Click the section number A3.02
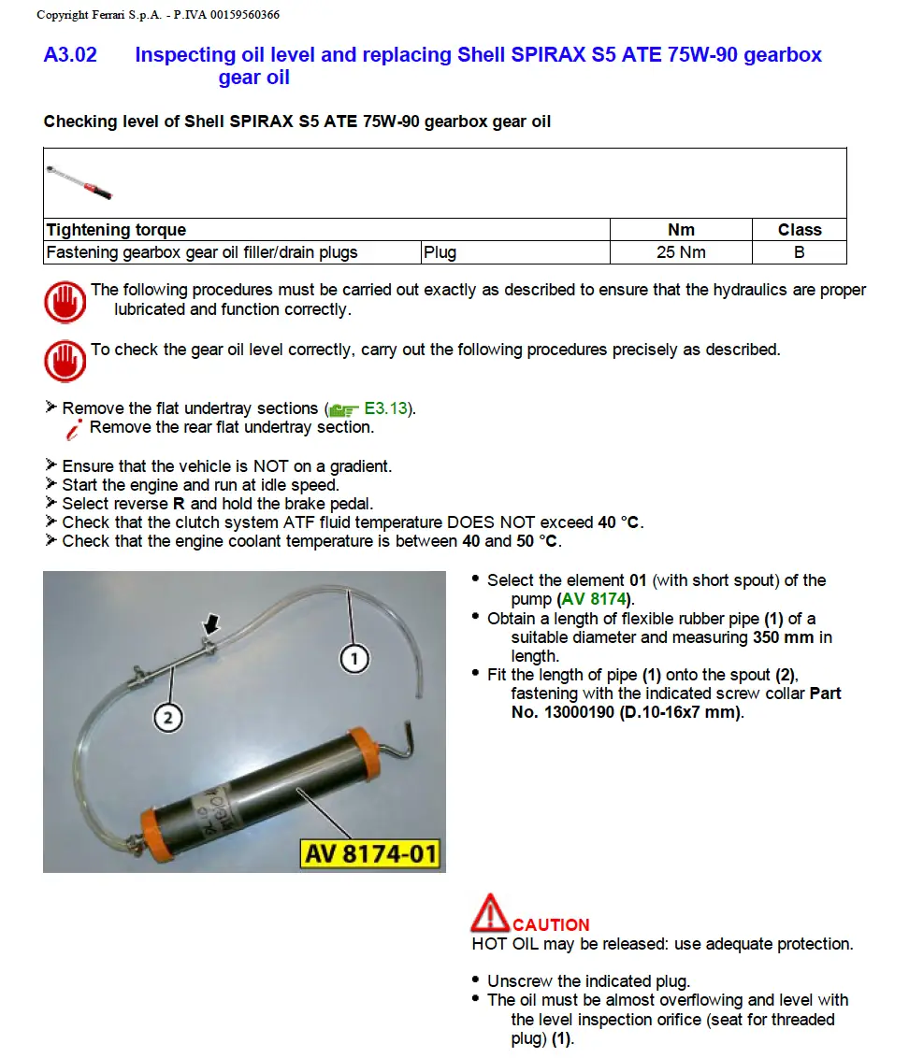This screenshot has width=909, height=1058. coord(70,55)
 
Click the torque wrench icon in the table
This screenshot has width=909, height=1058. coord(79,181)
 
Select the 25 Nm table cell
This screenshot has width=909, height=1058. coord(681,252)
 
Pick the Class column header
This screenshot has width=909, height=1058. coord(799,230)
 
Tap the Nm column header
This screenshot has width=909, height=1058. coord(681,230)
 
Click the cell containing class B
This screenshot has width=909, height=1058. coord(799,252)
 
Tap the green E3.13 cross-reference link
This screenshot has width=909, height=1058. coord(387,408)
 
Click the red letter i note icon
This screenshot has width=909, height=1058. coord(74,429)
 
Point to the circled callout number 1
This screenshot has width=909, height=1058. coord(353,659)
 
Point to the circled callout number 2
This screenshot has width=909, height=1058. coord(167,717)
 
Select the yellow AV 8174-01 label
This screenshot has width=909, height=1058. coord(370,853)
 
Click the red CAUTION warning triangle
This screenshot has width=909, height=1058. coord(490,913)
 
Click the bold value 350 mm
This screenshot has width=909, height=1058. coord(785,637)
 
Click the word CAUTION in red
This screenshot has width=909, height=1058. coord(551,925)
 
